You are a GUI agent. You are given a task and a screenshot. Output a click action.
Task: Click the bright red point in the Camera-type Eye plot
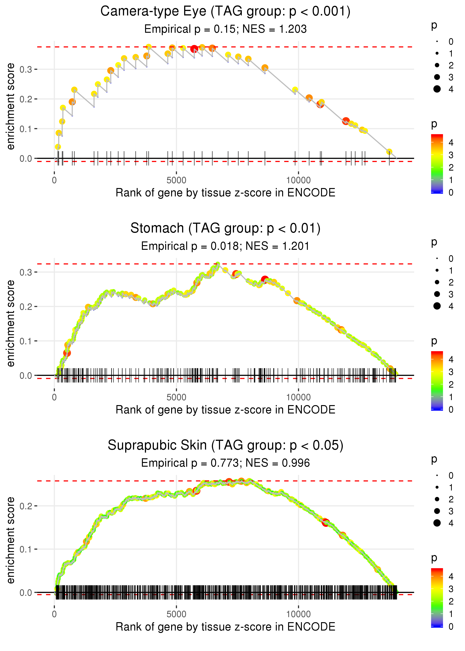tap(194, 49)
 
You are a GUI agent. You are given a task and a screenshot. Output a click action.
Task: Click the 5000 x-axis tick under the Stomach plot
tap(176, 397)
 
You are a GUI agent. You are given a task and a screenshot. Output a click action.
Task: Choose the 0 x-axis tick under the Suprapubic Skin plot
tap(54, 614)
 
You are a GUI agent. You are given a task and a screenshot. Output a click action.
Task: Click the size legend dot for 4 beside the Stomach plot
tap(437, 306)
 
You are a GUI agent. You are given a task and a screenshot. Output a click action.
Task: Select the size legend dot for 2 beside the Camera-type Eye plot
tap(437, 65)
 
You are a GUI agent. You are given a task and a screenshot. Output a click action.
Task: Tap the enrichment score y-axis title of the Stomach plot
tap(11, 323)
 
